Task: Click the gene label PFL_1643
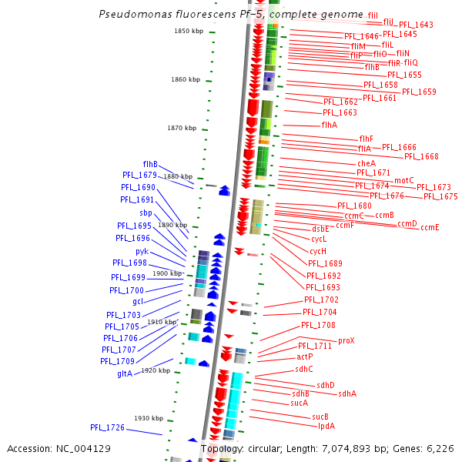[x=416, y=25]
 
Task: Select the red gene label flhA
[x=329, y=125]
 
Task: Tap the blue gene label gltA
[x=125, y=373]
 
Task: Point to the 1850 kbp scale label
[x=189, y=31]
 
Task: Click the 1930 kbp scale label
[x=149, y=418]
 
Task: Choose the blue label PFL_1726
[x=107, y=427]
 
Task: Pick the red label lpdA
[x=326, y=426]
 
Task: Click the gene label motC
[x=404, y=180]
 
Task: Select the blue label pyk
[x=142, y=251]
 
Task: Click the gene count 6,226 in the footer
[x=438, y=448]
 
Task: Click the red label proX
[x=346, y=340]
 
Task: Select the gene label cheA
[x=367, y=163]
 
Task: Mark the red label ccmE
[x=430, y=227]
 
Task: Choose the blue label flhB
[x=150, y=164]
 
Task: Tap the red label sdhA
[x=347, y=393]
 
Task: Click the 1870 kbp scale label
[x=182, y=128]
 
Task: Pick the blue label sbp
[x=146, y=213]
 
